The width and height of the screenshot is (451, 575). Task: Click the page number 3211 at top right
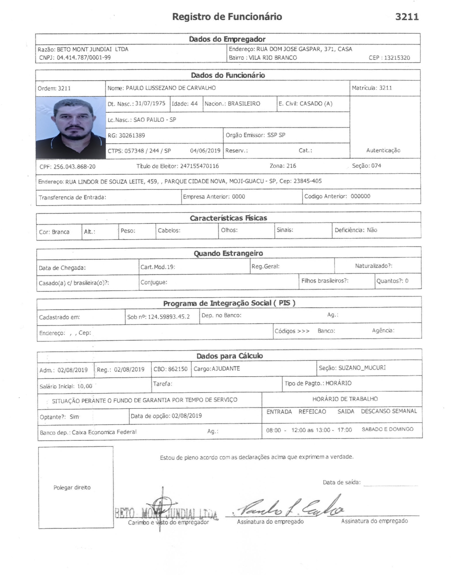pos(407,17)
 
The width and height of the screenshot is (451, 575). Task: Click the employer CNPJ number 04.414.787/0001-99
pos(84,58)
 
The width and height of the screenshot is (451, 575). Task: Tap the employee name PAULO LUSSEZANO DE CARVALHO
pos(171,88)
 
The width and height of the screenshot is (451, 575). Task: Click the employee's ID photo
pos(71,128)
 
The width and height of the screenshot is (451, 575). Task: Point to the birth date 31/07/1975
pos(150,103)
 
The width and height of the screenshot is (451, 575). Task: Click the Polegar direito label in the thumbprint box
pos(72,487)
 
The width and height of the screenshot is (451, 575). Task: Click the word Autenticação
pos(383,150)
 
